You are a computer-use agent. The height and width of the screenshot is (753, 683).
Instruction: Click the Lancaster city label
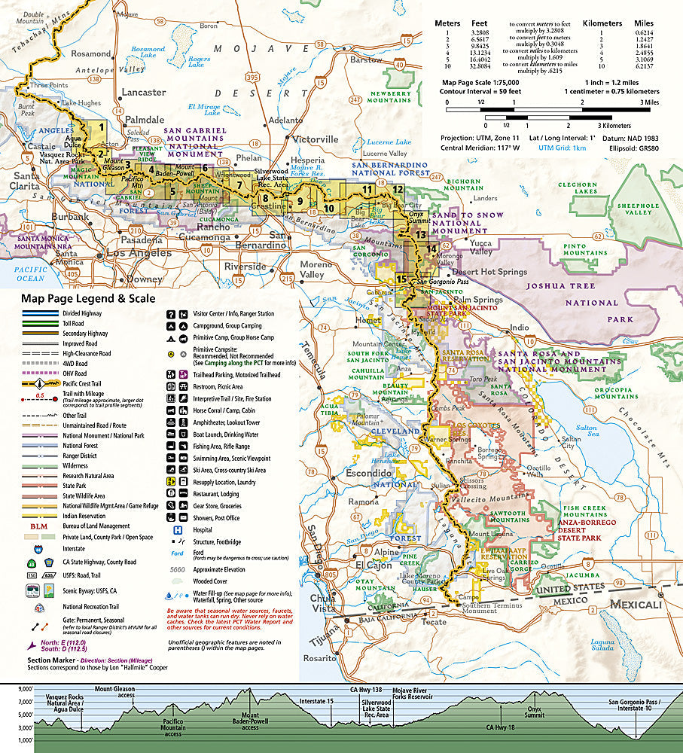click(x=143, y=92)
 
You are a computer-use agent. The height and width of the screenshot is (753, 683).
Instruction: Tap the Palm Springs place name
click(x=477, y=300)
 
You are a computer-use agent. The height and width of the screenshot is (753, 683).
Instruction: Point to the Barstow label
click(x=367, y=59)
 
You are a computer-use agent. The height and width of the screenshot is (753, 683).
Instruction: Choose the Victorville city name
click(x=315, y=139)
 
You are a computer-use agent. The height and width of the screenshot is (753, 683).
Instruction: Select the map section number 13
click(x=421, y=235)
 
